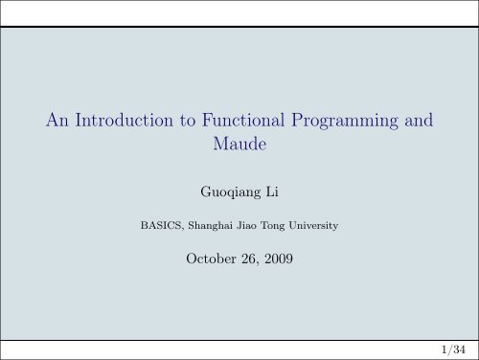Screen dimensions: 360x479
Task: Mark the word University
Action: pos(316,228)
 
